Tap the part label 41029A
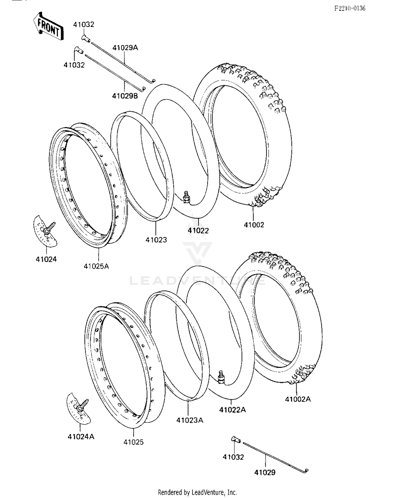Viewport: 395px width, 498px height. (x=125, y=48)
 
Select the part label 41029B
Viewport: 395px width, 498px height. (x=125, y=96)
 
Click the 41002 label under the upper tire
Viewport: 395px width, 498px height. (x=254, y=225)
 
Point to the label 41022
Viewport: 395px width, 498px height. (x=198, y=231)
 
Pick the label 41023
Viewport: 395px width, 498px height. (x=156, y=240)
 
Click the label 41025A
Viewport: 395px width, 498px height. (x=96, y=266)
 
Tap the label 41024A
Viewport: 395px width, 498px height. (x=81, y=437)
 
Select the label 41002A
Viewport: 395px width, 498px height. (x=298, y=399)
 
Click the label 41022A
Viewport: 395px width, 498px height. (x=232, y=410)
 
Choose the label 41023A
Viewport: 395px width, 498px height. (x=190, y=420)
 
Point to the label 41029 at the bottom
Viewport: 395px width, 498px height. (x=265, y=472)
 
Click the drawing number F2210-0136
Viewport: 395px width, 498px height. (x=350, y=8)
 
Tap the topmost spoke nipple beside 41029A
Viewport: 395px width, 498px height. (x=86, y=38)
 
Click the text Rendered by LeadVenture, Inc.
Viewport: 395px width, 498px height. (x=197, y=492)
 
